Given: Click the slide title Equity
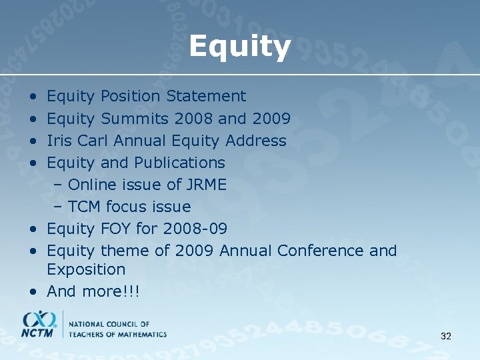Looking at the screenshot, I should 239,47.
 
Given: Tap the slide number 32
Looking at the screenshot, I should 446,336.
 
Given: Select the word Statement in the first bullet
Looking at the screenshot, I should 206,97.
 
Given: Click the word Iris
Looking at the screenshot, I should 59,141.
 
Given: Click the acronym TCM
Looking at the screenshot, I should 85,207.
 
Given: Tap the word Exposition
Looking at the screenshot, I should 86,270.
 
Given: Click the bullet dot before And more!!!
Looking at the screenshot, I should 33,292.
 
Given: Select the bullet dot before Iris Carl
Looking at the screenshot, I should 33,141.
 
